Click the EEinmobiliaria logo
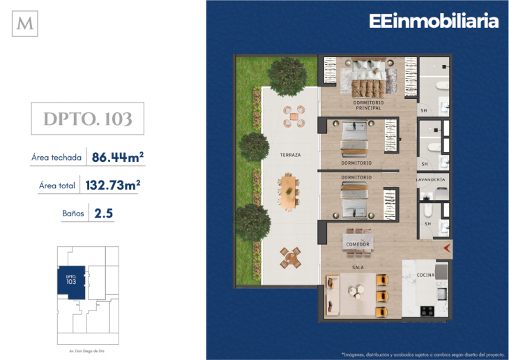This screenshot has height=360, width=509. [x=434, y=22]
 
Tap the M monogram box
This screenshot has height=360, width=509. [x=26, y=24]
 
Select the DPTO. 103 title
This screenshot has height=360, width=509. [x=88, y=119]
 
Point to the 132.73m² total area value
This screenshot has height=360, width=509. [x=112, y=186]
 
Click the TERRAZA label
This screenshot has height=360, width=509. [x=290, y=155]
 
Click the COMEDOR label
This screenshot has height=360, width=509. [x=358, y=243]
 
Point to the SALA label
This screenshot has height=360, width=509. [x=358, y=267]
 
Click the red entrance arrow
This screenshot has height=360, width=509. [x=447, y=246]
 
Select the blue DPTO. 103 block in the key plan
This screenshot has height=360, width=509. [x=70, y=282]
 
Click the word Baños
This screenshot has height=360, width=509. [x=73, y=213]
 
